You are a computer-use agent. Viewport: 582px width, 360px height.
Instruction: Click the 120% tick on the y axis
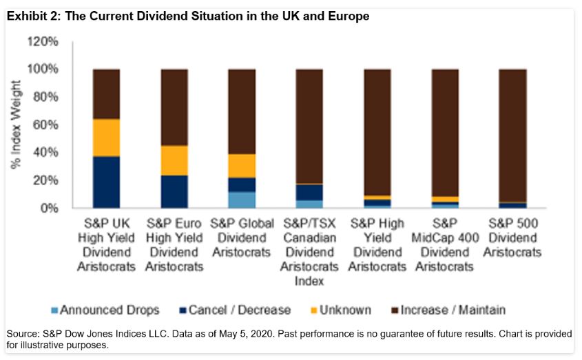click(x=44, y=42)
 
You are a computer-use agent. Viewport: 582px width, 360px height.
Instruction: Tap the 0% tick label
click(x=50, y=208)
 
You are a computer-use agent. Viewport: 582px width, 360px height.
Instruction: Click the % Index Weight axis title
click(x=17, y=125)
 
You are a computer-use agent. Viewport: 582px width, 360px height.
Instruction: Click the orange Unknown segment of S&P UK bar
click(x=106, y=138)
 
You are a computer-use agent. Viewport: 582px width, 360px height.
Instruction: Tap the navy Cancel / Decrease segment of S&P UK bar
click(x=106, y=182)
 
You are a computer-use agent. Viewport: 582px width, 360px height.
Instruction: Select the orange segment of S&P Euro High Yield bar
click(x=174, y=160)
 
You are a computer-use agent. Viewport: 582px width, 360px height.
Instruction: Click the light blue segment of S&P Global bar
click(x=242, y=200)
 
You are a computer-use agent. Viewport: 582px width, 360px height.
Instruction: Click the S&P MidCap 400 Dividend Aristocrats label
click(x=445, y=245)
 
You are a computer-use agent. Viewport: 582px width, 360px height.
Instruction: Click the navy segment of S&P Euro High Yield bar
click(x=174, y=191)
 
